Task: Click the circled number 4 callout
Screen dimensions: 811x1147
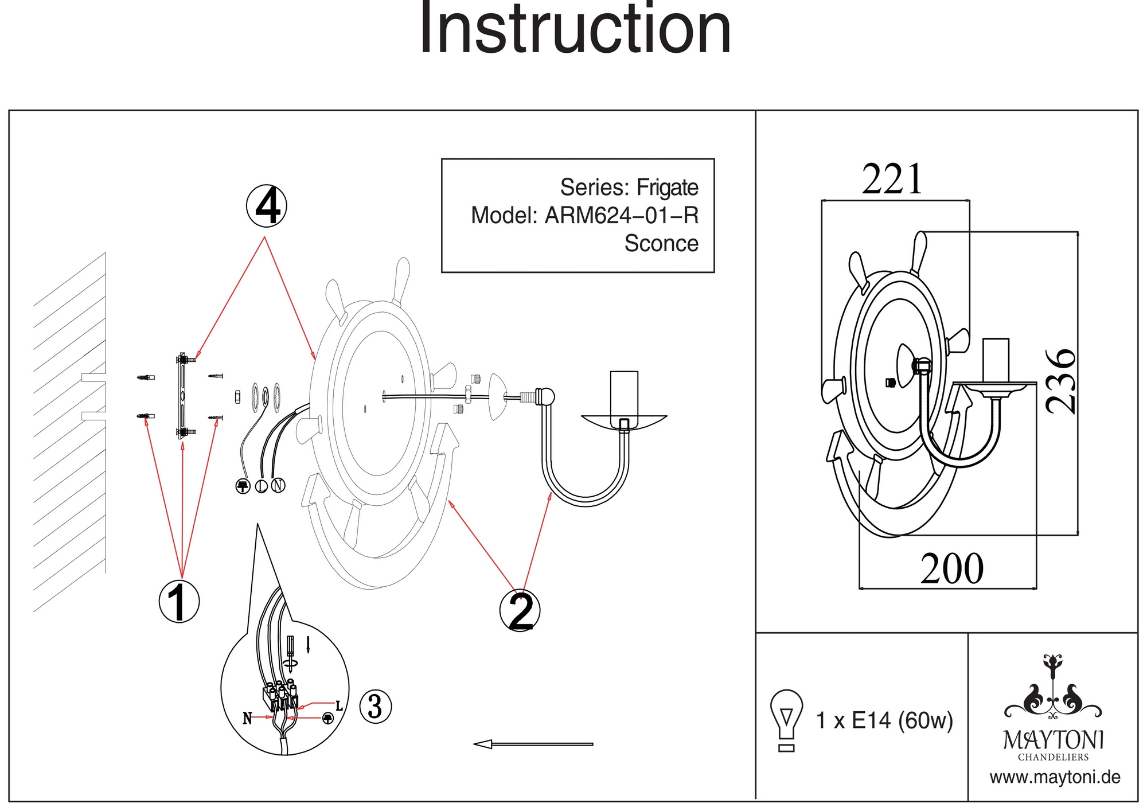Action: coord(267,206)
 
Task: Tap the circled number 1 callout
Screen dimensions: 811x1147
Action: coord(179,602)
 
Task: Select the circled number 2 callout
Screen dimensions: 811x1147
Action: coord(520,611)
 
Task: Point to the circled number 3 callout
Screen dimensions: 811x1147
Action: coord(376,706)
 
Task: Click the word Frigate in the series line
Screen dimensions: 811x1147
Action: coord(667,188)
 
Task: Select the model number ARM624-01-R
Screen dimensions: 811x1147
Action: coord(621,216)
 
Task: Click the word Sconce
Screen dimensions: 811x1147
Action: coord(661,243)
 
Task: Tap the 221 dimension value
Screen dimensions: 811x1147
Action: coord(892,180)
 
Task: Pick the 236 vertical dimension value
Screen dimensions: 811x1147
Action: coord(1060,381)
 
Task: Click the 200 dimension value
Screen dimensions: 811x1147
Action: coord(952,569)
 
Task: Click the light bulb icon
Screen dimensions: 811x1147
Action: coord(786,719)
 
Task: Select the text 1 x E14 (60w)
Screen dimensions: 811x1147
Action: coord(884,720)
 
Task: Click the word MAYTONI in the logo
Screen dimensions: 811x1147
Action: coord(1053,740)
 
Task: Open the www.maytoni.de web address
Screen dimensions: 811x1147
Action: coord(1055,778)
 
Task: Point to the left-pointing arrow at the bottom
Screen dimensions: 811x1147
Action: coord(533,744)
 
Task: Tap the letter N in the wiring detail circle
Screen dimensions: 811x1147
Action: coord(247,718)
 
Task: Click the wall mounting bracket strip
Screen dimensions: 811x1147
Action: coord(182,396)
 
